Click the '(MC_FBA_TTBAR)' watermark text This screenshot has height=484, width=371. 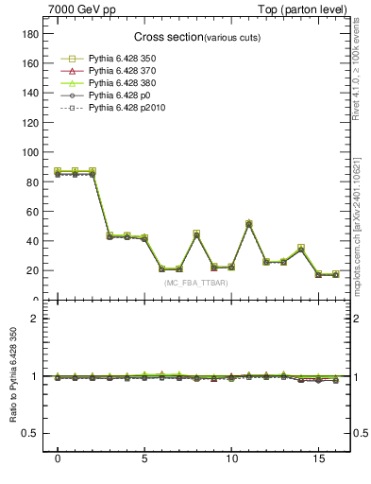[194, 283]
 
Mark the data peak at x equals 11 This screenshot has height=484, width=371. [249, 223]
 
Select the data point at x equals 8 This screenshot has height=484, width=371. [196, 233]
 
